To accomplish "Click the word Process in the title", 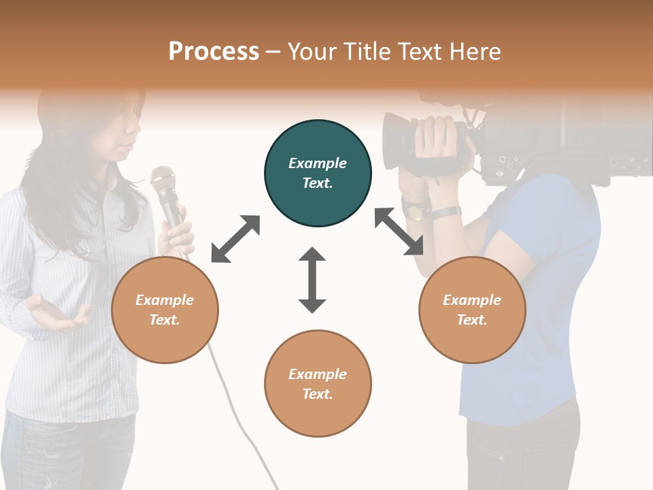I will coord(214,52).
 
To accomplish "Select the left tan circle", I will coord(165,310).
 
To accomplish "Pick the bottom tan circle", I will coord(318,383).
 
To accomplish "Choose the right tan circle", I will coord(472,310).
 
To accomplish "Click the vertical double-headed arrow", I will coord(312,280).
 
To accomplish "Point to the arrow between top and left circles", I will coord(235,239).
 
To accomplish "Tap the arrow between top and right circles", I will coord(399,231).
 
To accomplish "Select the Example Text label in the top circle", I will coord(318,173).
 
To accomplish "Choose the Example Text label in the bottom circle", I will coord(318,384).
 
